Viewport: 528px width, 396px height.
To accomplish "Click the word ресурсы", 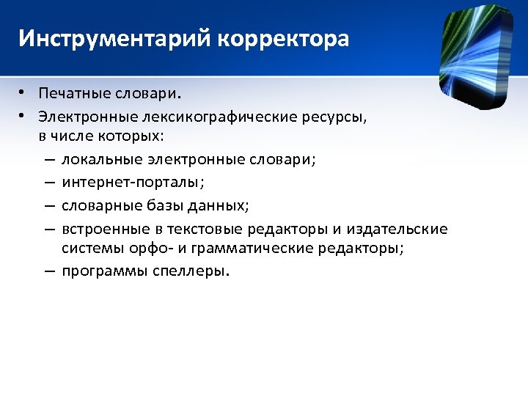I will (x=334, y=116).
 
